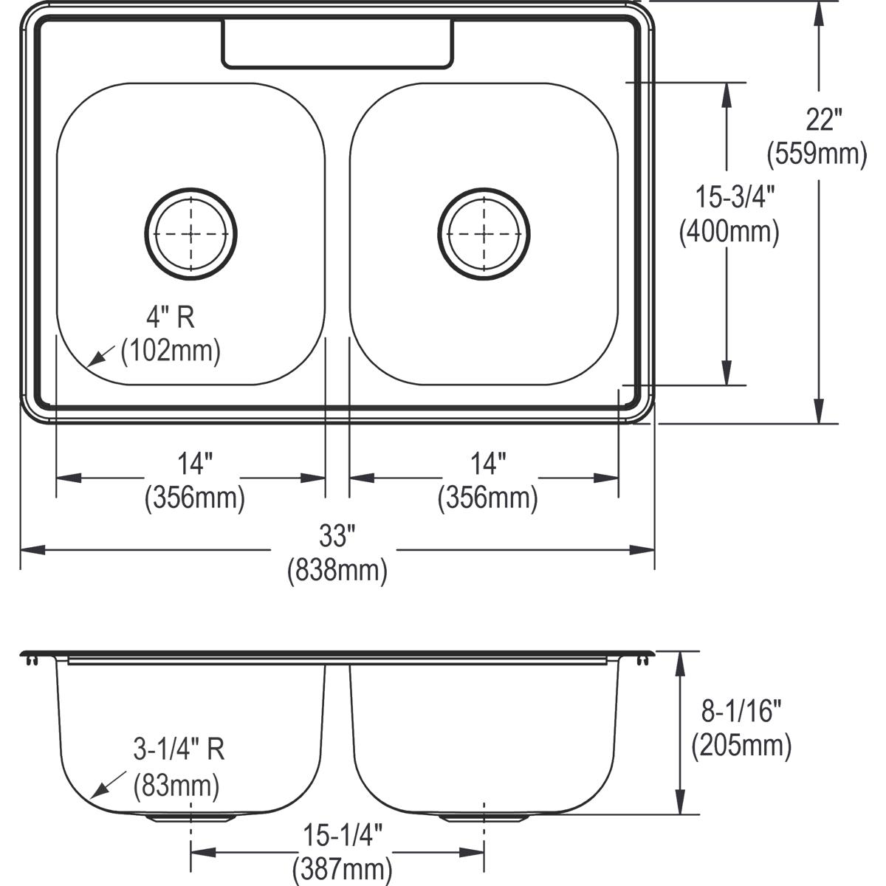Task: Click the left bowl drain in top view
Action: tap(191, 234)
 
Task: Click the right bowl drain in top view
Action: tap(484, 234)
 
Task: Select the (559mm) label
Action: tap(817, 154)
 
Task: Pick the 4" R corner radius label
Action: tap(169, 317)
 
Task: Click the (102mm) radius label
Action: tap(171, 351)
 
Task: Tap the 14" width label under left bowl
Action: tap(194, 464)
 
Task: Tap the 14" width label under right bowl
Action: tap(488, 464)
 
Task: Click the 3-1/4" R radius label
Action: tap(178, 751)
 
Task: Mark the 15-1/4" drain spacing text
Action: tap(342, 836)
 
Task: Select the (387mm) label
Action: tap(342, 868)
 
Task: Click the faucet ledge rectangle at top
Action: tap(337, 44)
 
